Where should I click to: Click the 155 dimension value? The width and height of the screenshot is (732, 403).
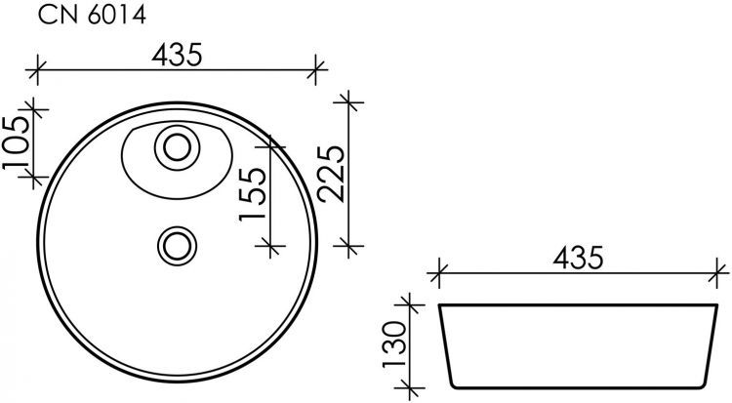pos(252,195)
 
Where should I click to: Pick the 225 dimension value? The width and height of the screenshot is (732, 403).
pos(333,174)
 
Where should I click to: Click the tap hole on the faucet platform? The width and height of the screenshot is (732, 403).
pos(177,148)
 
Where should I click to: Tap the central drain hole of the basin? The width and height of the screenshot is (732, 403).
pos(177,243)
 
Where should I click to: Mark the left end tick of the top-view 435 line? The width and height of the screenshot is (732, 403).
pos(37,69)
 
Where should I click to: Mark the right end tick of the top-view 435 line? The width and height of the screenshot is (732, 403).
pos(316,69)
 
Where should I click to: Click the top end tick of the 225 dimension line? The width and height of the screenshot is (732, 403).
pos(349,101)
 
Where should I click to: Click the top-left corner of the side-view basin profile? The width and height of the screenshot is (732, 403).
pos(440,305)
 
